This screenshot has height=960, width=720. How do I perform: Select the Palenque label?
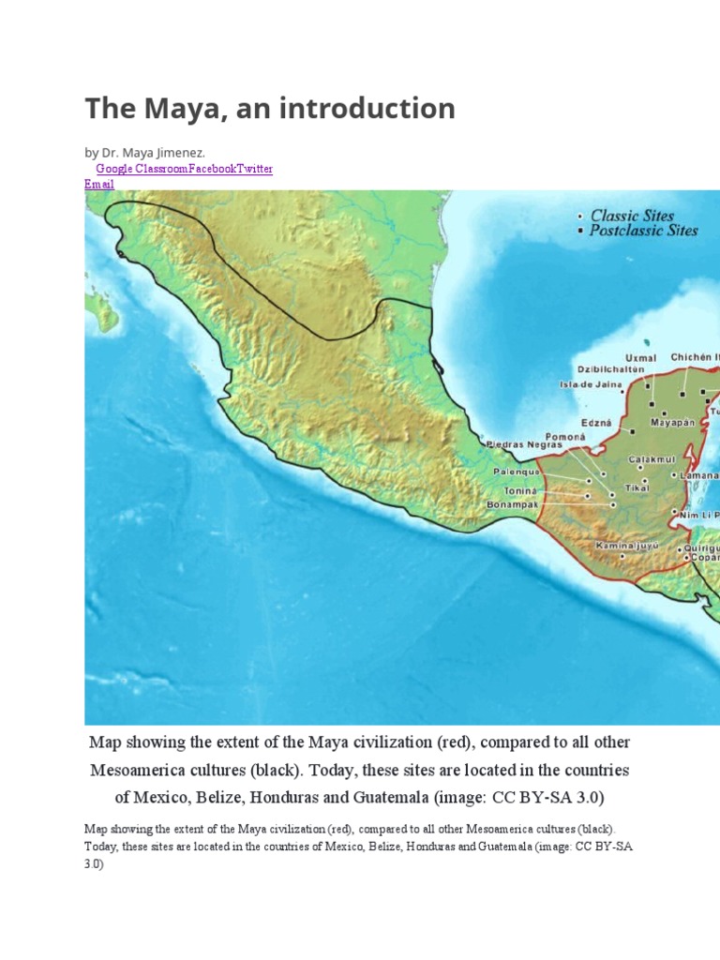517,472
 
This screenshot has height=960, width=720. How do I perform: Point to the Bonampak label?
512,504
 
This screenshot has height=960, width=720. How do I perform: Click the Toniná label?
519,490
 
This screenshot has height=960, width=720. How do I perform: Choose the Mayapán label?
673,422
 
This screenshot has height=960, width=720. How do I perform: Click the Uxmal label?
640,357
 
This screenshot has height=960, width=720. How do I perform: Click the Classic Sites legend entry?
632,216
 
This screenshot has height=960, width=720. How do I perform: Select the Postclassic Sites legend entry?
643,231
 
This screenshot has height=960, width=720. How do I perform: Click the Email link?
99,184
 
